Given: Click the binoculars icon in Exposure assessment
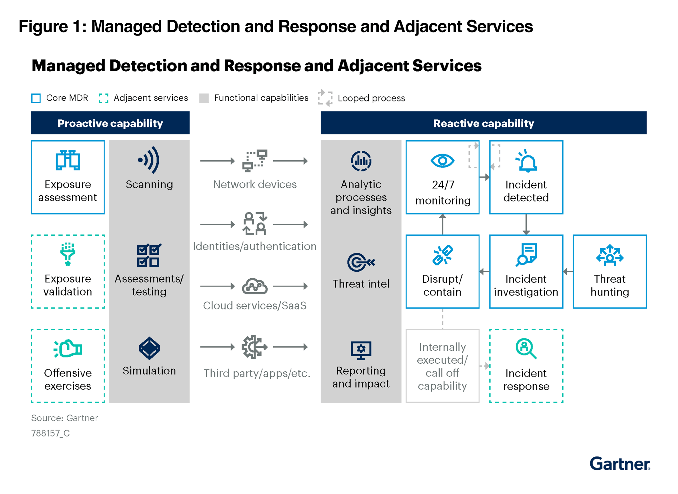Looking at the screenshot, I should [68, 160].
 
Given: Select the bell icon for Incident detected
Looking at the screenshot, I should [527, 162].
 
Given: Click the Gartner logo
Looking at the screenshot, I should [619, 464].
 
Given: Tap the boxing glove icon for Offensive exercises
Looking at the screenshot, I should [68, 349].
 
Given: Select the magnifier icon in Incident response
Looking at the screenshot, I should [525, 348].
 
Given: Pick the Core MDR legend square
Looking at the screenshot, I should [36, 98].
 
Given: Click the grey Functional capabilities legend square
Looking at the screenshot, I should [204, 98].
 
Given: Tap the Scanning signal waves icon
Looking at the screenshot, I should [149, 160].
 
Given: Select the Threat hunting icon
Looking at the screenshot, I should [610, 255].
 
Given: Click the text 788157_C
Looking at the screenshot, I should [51, 433].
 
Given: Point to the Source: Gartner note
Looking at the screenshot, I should [65, 418].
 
